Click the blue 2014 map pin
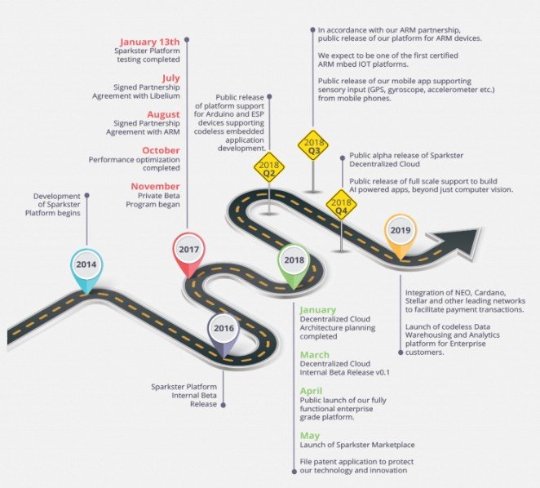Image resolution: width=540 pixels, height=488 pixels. (x=86, y=266)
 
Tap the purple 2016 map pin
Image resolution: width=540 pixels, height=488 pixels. (x=224, y=331)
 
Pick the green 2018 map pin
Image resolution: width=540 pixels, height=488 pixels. (x=294, y=262)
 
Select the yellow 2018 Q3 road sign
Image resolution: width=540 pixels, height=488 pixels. (x=314, y=147)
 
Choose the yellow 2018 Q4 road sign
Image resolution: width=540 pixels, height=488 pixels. (x=341, y=204)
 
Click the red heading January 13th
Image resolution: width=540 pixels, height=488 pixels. (x=150, y=42)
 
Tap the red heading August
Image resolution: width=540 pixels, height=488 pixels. (x=162, y=115)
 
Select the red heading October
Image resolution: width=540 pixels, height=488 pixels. (x=161, y=151)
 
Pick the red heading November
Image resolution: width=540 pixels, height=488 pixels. (x=155, y=187)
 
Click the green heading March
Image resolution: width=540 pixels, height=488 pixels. (x=314, y=355)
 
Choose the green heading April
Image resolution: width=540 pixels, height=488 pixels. (x=312, y=392)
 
